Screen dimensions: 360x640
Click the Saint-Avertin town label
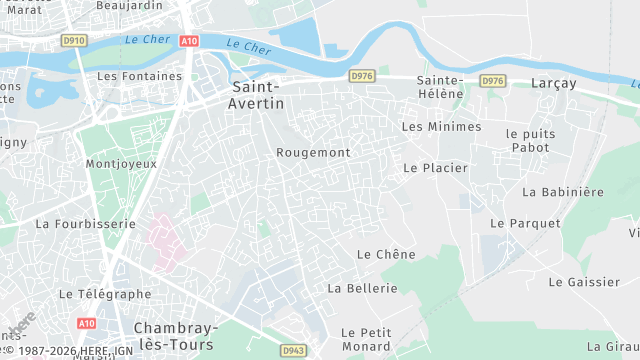(x=257, y=95)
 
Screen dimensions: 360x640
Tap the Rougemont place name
(x=313, y=152)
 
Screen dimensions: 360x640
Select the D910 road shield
(x=73, y=41)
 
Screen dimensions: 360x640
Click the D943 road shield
(x=292, y=349)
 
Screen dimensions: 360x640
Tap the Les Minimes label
(x=441, y=127)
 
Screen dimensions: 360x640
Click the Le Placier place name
(x=435, y=168)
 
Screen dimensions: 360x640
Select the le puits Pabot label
(x=528, y=140)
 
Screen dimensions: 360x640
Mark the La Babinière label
(x=563, y=191)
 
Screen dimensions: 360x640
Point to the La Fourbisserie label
(x=85, y=224)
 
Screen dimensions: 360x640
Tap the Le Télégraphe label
(x=105, y=294)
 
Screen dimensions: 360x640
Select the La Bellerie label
(x=362, y=288)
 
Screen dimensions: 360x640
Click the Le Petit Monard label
(x=365, y=339)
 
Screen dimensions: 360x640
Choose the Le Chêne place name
(x=386, y=254)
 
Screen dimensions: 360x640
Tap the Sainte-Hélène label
(x=440, y=86)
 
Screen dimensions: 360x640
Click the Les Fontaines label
(x=139, y=75)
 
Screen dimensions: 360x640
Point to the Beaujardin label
(x=129, y=5)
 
